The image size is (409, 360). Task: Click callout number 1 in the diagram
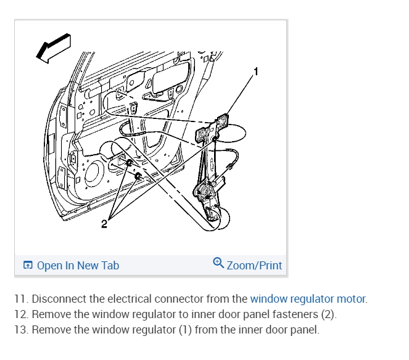(256, 72)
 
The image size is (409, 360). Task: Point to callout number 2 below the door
(104, 224)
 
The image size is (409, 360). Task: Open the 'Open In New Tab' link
(78, 266)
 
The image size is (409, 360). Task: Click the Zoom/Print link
(254, 266)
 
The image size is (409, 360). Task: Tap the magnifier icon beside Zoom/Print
(218, 264)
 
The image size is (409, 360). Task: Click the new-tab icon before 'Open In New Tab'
(28, 266)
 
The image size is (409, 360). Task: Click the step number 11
(20, 299)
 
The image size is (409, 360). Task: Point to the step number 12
(20, 314)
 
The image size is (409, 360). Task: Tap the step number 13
(20, 330)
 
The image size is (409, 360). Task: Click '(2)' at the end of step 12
(328, 314)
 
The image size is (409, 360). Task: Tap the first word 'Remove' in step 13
(50, 330)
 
